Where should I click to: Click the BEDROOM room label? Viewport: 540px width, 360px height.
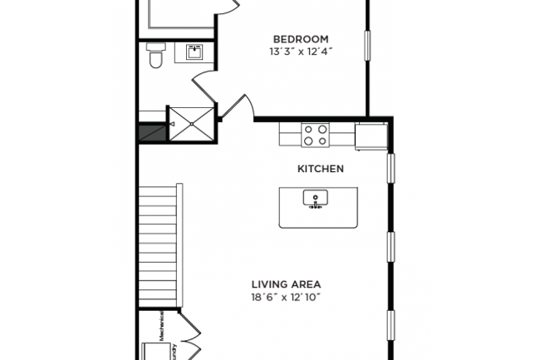(x=300, y=39)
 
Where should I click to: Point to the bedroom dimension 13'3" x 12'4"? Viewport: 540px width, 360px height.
(x=300, y=52)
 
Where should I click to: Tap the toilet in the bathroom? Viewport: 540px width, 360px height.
(x=155, y=58)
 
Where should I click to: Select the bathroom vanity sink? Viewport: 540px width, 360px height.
(x=194, y=53)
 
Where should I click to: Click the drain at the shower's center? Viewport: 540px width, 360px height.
(x=192, y=124)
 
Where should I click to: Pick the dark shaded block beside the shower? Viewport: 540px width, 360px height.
(x=152, y=133)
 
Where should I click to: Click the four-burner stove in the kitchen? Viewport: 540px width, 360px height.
(x=315, y=135)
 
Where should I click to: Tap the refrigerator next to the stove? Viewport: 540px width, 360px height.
(x=369, y=136)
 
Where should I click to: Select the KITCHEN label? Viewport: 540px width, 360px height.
(x=321, y=169)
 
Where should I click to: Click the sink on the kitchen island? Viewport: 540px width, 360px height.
(x=317, y=200)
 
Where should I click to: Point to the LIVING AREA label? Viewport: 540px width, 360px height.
(x=286, y=284)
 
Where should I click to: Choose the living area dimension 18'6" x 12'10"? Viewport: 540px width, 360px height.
(x=286, y=297)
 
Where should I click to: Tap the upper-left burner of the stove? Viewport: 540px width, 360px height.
(x=307, y=129)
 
